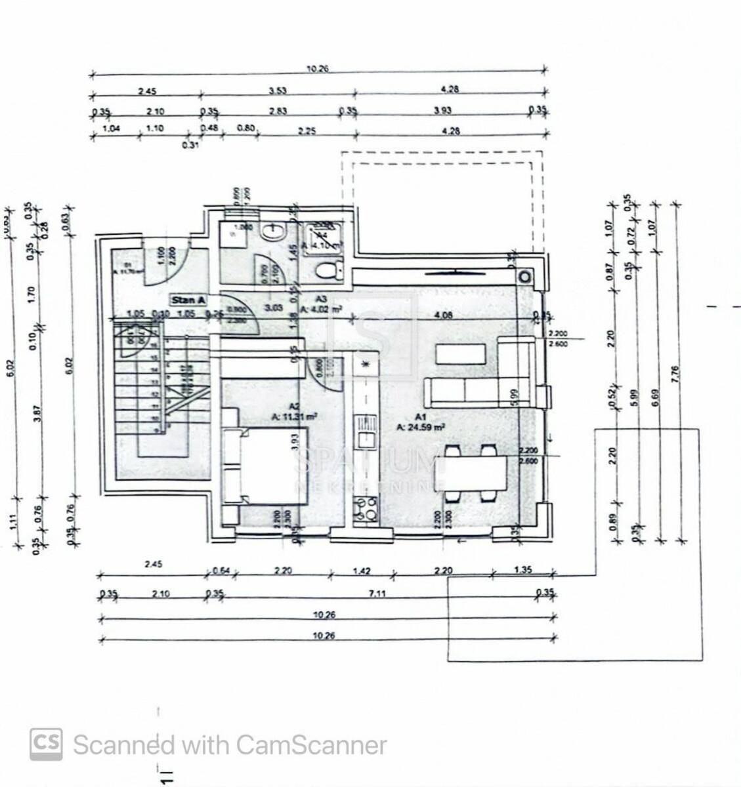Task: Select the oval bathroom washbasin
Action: [x=271, y=231]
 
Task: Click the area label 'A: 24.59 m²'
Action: [x=421, y=426]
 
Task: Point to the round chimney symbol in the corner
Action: [x=525, y=276]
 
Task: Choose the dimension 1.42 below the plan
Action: [x=362, y=571]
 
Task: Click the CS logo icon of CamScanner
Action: [x=47, y=744]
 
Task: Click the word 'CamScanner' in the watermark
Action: [x=310, y=745]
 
